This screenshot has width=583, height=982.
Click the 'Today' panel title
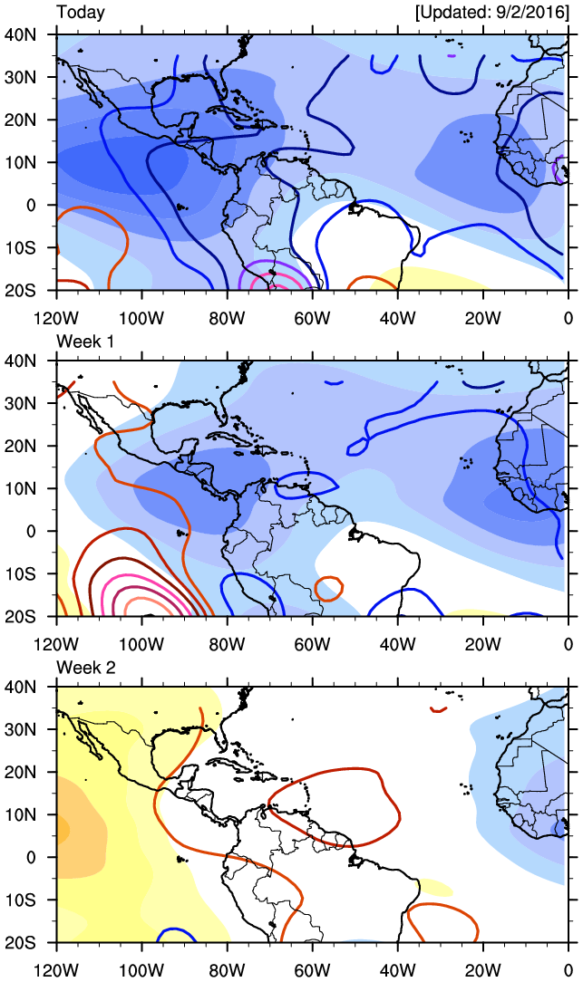pyautogui.click(x=81, y=13)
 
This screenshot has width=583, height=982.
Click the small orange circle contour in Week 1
pyautogui.click(x=328, y=588)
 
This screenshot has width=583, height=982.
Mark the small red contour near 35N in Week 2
pyautogui.click(x=439, y=708)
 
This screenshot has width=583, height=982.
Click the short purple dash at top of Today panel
pyautogui.click(x=451, y=56)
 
